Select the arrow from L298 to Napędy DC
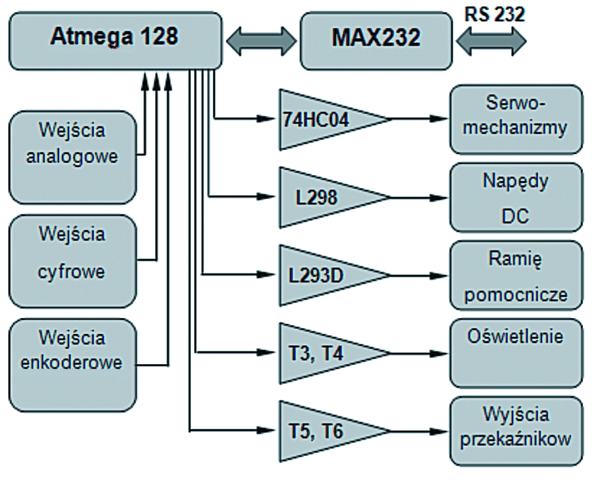(419, 198)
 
